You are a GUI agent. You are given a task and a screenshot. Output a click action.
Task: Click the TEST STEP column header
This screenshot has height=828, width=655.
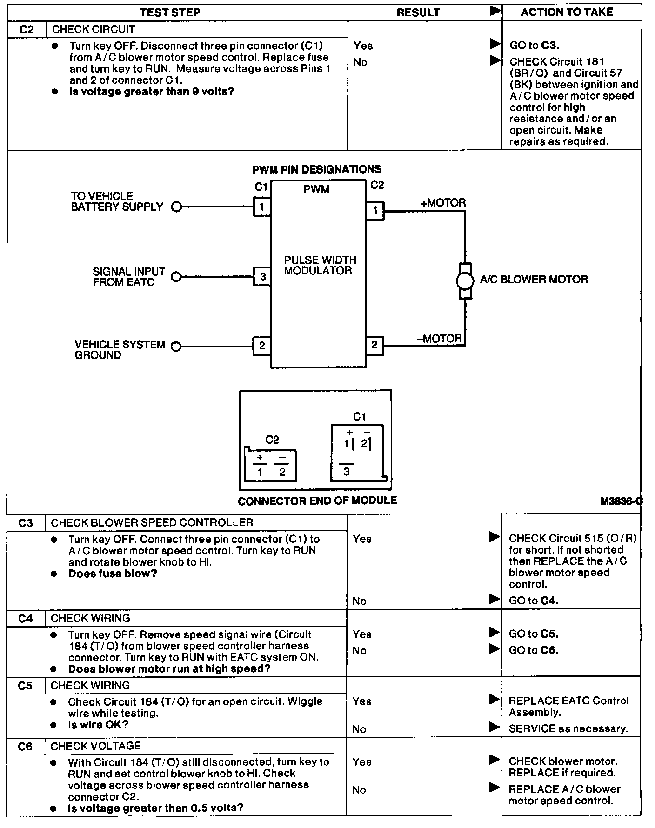point(170,13)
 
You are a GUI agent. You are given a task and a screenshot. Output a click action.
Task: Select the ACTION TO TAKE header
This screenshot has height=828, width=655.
point(567,13)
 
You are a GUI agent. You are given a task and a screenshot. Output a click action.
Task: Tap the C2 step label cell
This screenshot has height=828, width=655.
point(27,30)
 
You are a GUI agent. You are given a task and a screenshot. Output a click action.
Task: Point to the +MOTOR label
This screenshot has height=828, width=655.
point(443,203)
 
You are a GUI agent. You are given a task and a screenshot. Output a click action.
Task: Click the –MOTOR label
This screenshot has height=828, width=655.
point(440,338)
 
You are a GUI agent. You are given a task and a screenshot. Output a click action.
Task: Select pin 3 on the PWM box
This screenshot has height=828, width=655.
point(262,277)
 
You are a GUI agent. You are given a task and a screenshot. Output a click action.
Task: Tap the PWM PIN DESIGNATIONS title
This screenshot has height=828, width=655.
point(316,169)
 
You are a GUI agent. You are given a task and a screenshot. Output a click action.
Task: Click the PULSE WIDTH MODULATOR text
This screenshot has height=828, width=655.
point(320,265)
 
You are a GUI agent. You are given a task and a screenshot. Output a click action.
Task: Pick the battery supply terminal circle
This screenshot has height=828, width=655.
point(176,207)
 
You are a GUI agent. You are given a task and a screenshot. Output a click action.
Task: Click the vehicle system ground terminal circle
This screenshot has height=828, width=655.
point(176,347)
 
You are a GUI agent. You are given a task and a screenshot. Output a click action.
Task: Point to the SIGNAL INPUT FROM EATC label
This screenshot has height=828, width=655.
point(128,277)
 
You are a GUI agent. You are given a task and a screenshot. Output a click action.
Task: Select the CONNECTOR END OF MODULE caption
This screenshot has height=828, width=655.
point(317,501)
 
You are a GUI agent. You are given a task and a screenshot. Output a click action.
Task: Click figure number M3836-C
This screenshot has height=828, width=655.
point(621,501)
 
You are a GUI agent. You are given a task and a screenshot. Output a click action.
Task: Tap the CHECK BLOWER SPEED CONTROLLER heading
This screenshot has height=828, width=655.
point(152,523)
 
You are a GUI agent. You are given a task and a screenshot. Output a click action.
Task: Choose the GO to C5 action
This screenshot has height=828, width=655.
point(533,634)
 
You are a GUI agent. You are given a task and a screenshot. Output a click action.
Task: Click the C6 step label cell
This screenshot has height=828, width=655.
point(25,747)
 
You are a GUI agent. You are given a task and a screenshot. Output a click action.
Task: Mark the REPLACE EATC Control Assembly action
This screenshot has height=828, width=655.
point(568,707)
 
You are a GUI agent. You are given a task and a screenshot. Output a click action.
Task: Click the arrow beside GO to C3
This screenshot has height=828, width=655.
point(495,44)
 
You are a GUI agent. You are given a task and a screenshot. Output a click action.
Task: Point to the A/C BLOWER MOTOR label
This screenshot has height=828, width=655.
point(534,280)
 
